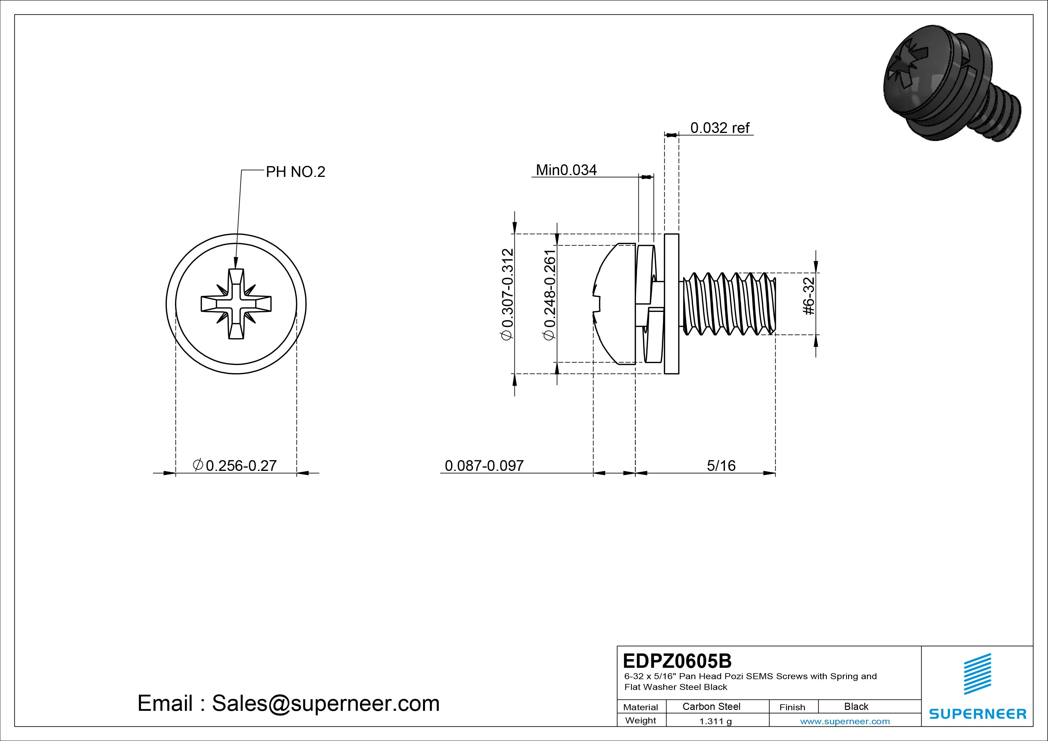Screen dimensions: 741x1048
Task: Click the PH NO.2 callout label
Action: pos(295,172)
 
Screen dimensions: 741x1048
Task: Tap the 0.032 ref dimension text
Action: pos(719,128)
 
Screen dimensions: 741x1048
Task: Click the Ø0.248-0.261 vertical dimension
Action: pos(550,295)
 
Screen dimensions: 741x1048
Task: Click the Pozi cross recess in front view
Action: pos(236,304)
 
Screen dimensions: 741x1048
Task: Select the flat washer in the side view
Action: pos(672,304)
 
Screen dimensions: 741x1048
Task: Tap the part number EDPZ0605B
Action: pos(677,661)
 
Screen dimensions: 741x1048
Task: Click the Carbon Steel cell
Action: pos(711,706)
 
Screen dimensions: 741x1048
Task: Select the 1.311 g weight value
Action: pos(715,721)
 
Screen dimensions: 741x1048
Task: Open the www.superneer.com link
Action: pos(845,721)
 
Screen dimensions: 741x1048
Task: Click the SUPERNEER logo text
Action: pos(978,714)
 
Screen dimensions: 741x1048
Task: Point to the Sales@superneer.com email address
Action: pos(325,703)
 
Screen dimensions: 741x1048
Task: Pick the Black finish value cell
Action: pos(856,706)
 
